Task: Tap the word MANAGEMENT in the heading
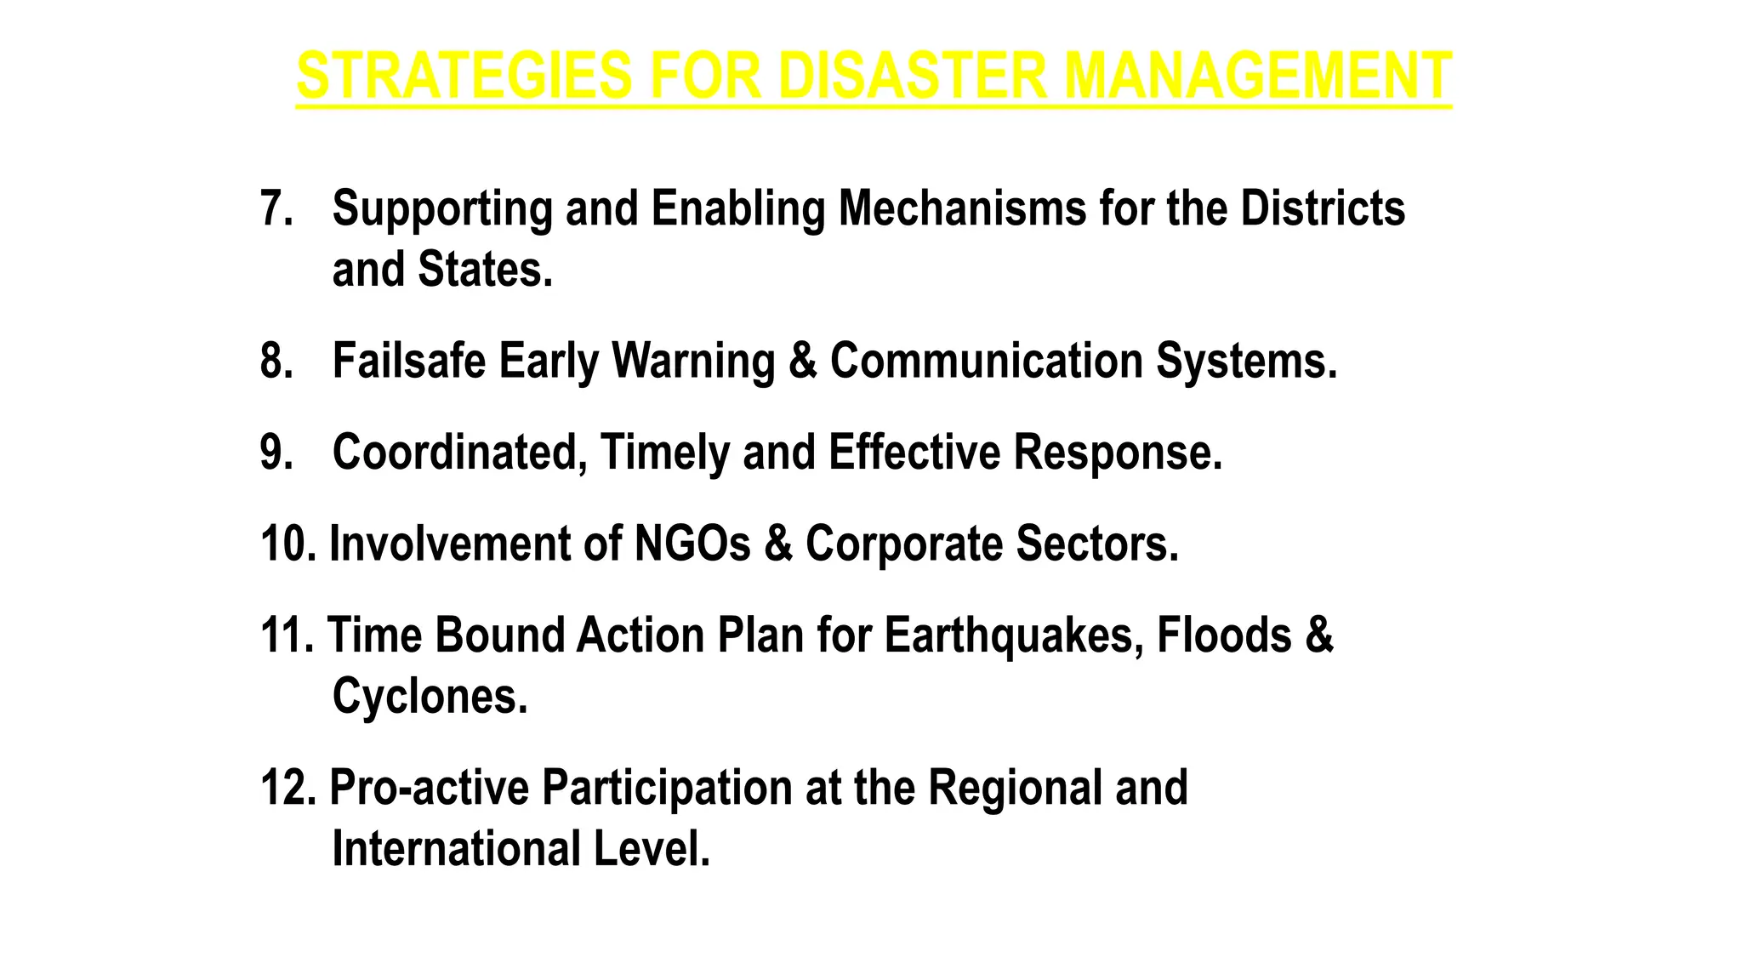click(x=1257, y=77)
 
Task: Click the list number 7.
click(x=275, y=208)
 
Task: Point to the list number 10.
click(x=287, y=544)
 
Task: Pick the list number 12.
click(x=287, y=788)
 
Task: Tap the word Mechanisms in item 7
click(x=962, y=208)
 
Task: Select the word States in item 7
click(x=484, y=270)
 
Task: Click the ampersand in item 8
click(x=802, y=361)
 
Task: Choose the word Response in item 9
click(x=1117, y=453)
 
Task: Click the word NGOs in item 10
click(x=692, y=544)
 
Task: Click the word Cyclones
click(x=430, y=697)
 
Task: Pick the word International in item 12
click(x=455, y=849)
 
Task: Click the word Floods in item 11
click(x=1224, y=636)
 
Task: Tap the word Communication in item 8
click(x=986, y=361)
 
